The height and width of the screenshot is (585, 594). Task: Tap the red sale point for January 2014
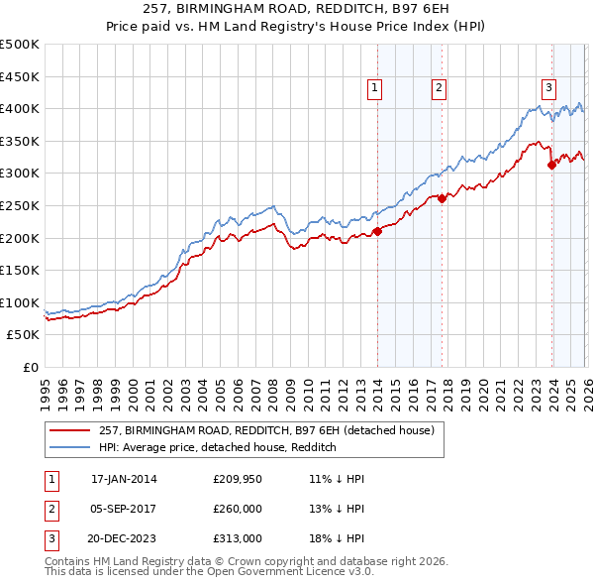(x=377, y=232)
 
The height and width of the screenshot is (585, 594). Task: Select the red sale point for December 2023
(x=551, y=166)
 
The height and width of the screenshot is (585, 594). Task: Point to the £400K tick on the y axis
(x=21, y=109)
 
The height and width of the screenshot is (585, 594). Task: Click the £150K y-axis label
(x=21, y=271)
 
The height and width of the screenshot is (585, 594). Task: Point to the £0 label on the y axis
(x=30, y=368)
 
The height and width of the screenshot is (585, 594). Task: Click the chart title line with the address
(x=296, y=12)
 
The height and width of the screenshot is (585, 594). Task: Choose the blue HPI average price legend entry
(x=218, y=448)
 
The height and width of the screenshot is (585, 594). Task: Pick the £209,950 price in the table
(x=236, y=479)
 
